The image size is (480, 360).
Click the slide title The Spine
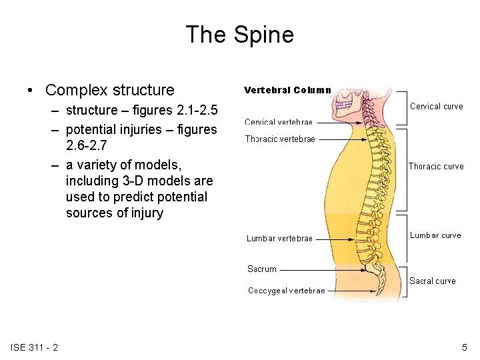239,35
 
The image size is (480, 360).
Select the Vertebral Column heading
287,89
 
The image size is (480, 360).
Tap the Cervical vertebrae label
278,122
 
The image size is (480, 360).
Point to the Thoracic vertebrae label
280,139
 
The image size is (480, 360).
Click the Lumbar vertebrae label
279,238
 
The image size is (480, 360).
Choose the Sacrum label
261,269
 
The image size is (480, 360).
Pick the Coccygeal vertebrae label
286,290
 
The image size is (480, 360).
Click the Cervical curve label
436,106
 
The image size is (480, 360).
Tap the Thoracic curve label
436,166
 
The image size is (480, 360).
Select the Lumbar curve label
435,235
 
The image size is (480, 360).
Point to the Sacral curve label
432,281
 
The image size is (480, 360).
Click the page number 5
465,347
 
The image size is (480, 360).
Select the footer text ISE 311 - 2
34,347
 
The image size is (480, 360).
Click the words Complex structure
109,89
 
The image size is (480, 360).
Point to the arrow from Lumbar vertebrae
336,238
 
